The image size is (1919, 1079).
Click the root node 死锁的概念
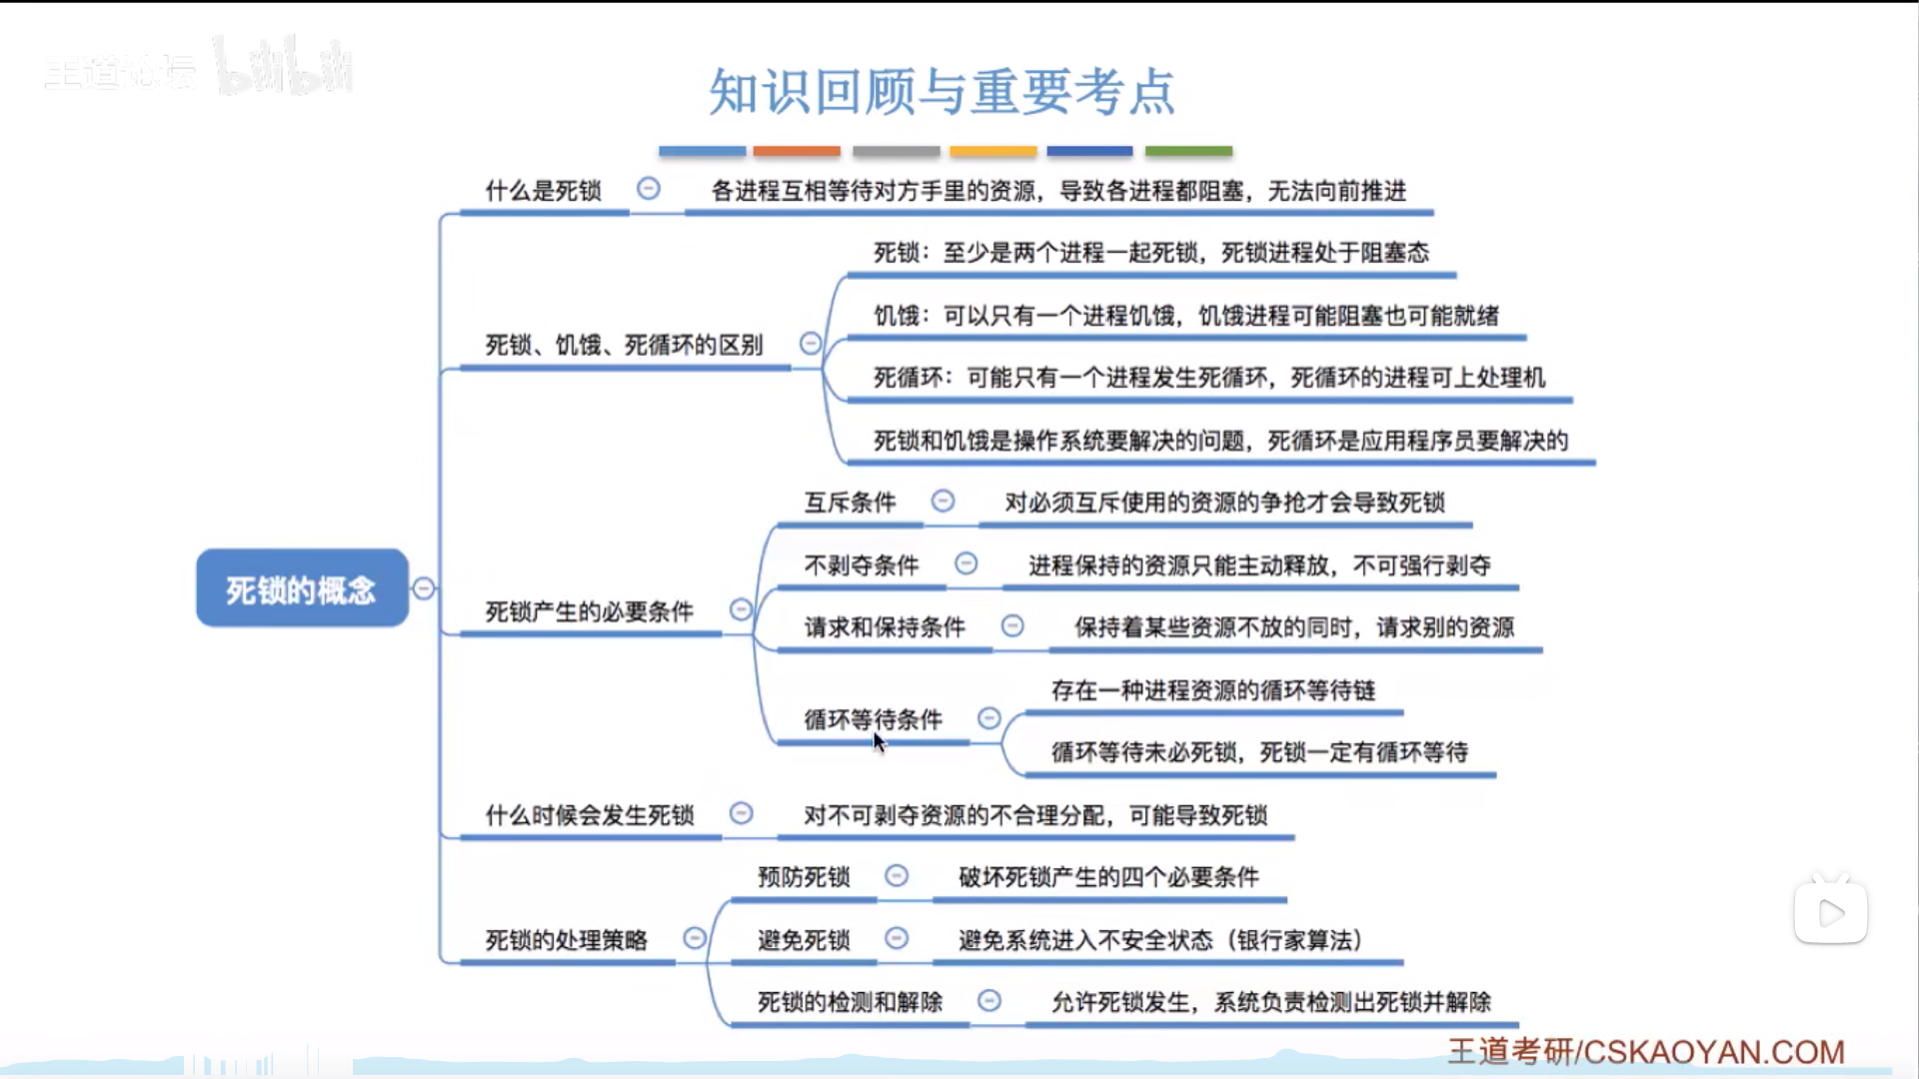coord(302,588)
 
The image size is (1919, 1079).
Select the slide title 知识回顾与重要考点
coord(942,92)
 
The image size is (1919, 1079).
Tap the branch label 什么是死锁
coord(544,191)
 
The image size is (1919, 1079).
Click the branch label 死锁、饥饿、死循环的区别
coord(624,346)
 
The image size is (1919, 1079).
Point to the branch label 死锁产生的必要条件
coord(589,611)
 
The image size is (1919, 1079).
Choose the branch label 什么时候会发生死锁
coord(589,815)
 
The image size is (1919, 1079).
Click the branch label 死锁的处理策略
coord(566,940)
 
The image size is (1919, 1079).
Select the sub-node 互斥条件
coord(850,503)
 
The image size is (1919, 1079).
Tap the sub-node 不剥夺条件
coord(861,565)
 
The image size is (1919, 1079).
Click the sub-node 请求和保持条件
coord(885,627)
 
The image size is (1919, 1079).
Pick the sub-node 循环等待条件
coord(873,719)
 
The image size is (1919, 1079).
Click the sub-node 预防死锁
coord(804,877)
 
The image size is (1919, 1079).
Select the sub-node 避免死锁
coord(804,940)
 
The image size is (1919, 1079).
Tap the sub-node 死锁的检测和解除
coord(850,1002)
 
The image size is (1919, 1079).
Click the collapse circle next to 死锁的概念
coord(424,588)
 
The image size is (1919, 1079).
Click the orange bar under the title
coord(797,151)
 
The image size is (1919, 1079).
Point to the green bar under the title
coord(1188,151)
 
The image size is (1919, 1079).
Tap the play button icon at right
coord(1831,912)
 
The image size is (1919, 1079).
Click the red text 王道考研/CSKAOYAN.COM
coord(1646,1052)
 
